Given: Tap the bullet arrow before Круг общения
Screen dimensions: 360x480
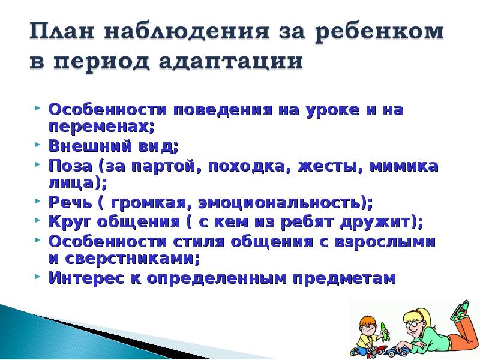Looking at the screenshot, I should coord(38,220).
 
